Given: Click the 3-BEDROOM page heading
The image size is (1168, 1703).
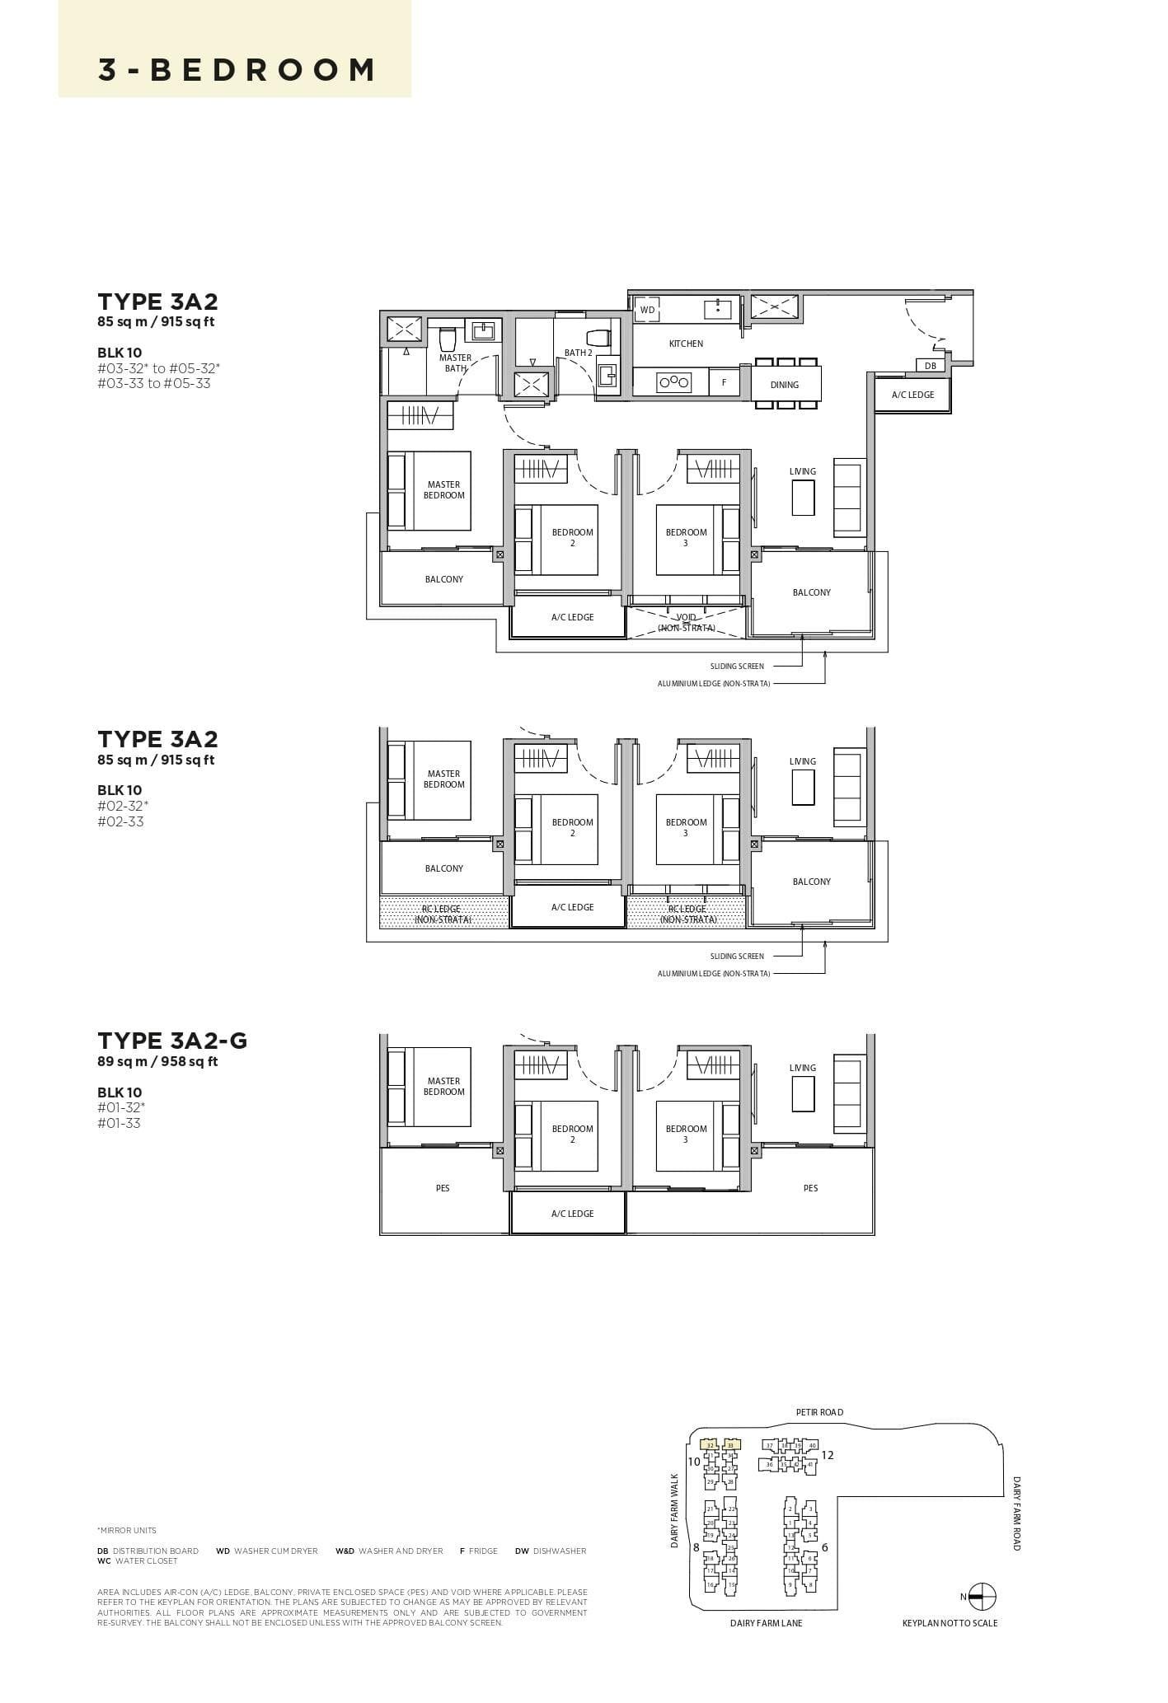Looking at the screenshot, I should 237,70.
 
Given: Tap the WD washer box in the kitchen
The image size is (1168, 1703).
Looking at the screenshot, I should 648,310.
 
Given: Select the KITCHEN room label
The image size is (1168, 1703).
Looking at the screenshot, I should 686,344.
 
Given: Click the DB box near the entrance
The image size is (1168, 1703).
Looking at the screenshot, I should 930,366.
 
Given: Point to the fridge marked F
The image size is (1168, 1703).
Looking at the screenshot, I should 724,382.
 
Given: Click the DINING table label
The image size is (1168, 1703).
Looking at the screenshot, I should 784,385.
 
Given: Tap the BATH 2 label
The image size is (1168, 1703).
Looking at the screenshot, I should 578,353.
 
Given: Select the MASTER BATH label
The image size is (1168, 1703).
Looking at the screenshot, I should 455,363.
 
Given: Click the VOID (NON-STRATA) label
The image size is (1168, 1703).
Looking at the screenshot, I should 686,622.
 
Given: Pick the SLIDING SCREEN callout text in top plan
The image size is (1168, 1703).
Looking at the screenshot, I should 737,666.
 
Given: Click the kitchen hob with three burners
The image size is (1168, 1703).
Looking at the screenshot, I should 673,381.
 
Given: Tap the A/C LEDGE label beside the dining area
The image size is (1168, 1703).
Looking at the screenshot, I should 912,395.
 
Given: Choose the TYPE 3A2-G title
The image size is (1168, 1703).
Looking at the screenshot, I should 172,1041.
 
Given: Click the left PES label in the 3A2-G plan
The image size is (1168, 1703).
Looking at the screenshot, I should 443,1188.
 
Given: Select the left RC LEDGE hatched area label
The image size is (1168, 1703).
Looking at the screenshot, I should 442,914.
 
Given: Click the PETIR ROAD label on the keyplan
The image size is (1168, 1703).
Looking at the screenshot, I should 819,1412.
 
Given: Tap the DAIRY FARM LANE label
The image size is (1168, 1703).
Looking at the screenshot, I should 766,1623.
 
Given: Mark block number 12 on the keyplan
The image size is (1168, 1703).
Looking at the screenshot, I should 828,1455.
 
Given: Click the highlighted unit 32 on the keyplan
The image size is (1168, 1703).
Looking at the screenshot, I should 710,1445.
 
